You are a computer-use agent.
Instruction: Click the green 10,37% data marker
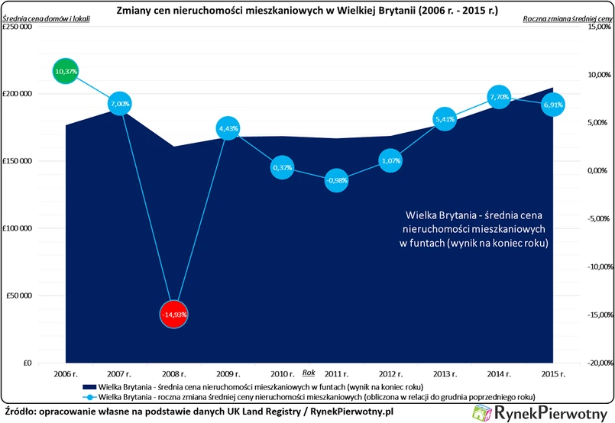pos(66,71)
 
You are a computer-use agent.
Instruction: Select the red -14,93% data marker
pos(174,314)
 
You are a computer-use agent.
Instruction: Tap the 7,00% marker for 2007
pos(120,103)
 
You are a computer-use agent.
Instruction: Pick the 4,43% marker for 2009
pos(228,128)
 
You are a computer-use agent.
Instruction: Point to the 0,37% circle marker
pos(283,167)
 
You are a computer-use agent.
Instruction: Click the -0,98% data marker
pos(336,180)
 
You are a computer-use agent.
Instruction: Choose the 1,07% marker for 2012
pos(390,160)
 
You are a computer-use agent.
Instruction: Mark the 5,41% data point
pos(445,119)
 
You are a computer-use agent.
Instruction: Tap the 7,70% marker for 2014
pos(499,97)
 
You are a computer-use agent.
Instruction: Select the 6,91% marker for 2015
pos(552,105)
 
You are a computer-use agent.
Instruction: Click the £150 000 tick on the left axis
pos(16,161)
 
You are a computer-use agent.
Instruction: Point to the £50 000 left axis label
pos(18,295)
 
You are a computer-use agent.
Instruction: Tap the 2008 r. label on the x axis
pos(174,373)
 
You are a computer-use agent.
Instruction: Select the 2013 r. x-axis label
pos(445,373)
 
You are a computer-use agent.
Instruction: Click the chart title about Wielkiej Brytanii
pos(306,11)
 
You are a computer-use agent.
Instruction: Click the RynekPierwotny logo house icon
pos(484,412)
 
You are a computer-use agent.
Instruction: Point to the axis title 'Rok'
pos(309,372)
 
